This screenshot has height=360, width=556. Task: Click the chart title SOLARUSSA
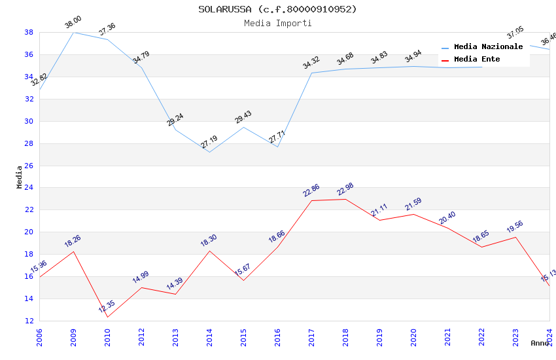pyautogui.click(x=278, y=9)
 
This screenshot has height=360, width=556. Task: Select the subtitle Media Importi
pyautogui.click(x=278, y=23)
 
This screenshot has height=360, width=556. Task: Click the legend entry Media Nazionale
pyautogui.click(x=488, y=46)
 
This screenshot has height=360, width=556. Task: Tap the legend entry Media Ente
pyautogui.click(x=477, y=59)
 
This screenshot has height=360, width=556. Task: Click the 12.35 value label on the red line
pyautogui.click(x=107, y=307)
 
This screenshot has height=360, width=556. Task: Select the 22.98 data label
pyautogui.click(x=345, y=189)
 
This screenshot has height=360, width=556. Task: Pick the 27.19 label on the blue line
pyautogui.click(x=209, y=142)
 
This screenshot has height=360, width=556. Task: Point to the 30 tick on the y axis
pyautogui.click(x=29, y=121)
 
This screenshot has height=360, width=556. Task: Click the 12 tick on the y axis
pyautogui.click(x=29, y=321)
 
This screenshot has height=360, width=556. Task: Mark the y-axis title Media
pyautogui.click(x=20, y=177)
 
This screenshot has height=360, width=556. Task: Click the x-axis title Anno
pyautogui.click(x=540, y=343)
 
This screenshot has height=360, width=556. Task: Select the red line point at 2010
pyautogui.click(x=107, y=317)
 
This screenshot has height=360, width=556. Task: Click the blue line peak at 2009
pyautogui.click(x=73, y=32)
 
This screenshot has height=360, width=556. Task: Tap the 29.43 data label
pyautogui.click(x=243, y=117)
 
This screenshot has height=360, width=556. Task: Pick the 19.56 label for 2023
pyautogui.click(x=515, y=227)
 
